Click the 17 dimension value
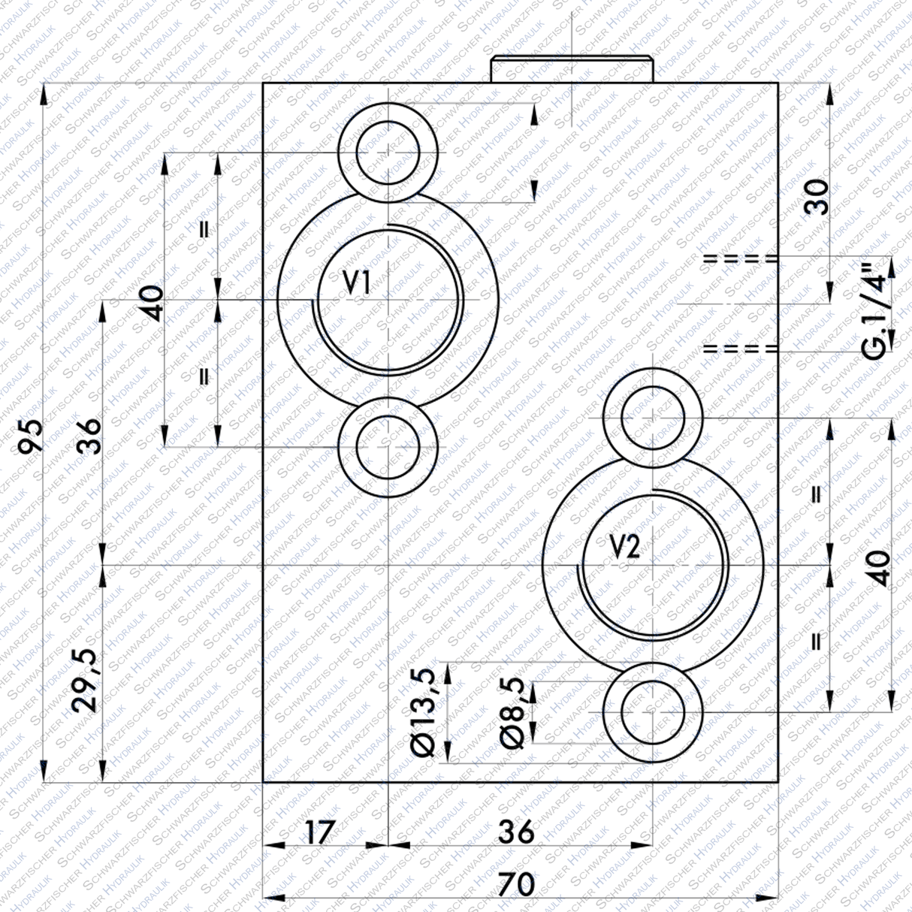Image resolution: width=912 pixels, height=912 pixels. tap(319, 832)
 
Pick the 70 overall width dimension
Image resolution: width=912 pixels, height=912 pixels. tap(516, 883)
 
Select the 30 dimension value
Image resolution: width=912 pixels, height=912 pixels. tap(817, 197)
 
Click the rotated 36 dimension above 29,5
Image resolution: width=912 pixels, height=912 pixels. tap(89, 435)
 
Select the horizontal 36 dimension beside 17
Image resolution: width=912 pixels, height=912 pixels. tap(516, 832)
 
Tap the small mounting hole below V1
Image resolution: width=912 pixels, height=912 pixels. tap(388, 447)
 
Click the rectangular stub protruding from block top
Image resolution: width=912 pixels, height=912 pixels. tap(572, 70)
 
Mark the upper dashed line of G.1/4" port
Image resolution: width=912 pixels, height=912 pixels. tap(739, 258)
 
